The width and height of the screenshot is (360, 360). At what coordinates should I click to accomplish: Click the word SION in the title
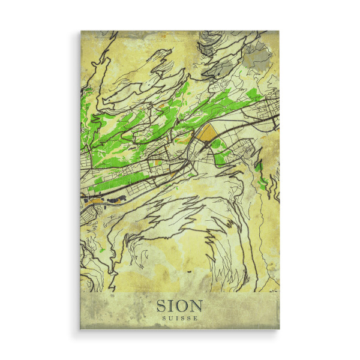180,304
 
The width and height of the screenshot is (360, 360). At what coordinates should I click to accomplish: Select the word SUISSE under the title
180,318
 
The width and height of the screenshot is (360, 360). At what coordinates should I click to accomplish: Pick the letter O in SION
183,304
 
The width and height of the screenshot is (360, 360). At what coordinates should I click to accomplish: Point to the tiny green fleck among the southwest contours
103,250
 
